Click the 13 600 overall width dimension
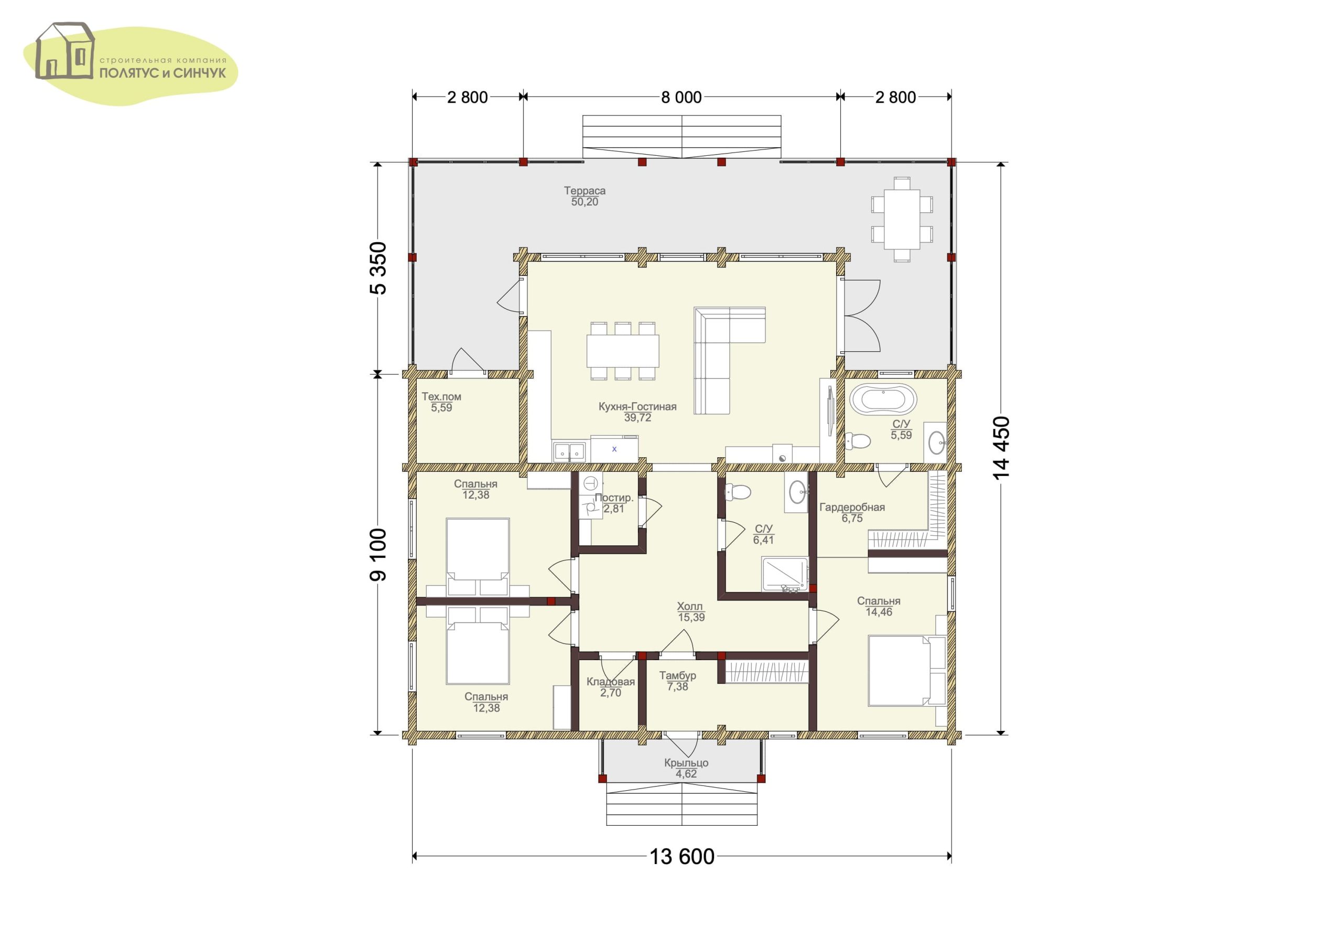tap(682, 857)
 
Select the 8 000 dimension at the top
tap(681, 98)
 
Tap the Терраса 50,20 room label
tap(585, 197)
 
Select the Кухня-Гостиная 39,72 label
tap(637, 412)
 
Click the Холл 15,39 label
tap(691, 612)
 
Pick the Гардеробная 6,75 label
tap(852, 513)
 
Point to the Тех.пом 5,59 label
tap(441, 402)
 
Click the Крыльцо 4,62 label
tap(686, 768)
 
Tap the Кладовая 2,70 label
tap(611, 687)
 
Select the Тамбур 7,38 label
tap(677, 681)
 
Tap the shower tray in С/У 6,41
tap(785, 574)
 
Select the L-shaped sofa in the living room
tap(729, 360)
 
